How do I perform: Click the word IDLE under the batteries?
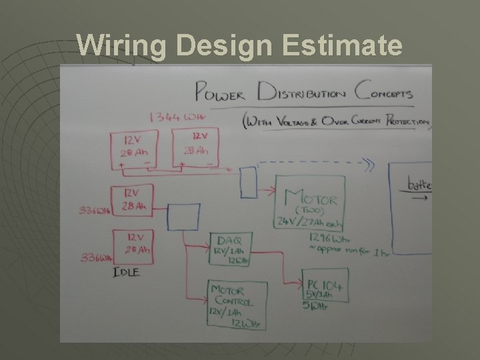coord(126,272)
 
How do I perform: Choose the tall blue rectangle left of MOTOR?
coord(248,182)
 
